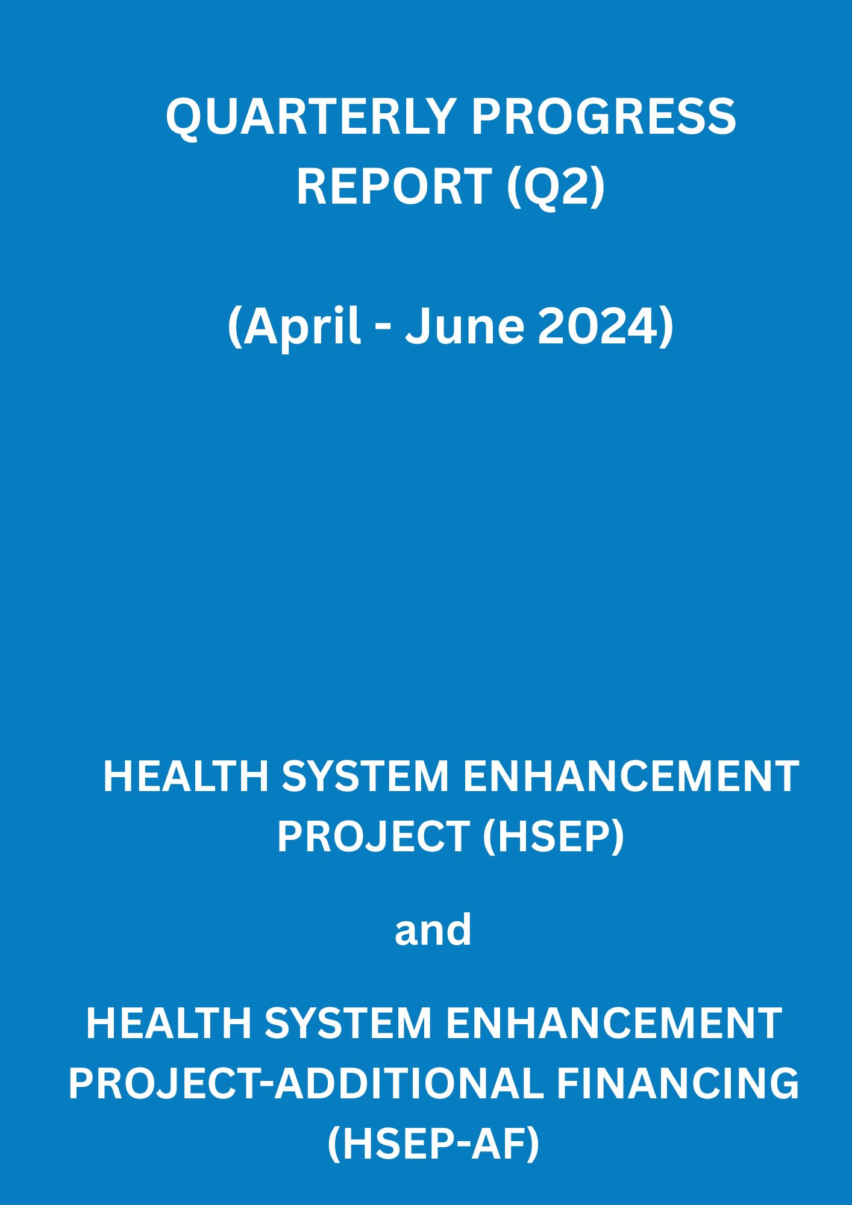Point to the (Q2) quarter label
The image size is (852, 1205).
[556, 187]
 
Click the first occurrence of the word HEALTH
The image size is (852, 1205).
[186, 777]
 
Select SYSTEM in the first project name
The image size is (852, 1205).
[365, 777]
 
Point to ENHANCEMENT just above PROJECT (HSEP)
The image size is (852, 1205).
[631, 777]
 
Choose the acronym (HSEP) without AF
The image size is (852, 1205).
[553, 837]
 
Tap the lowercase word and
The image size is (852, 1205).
[433, 930]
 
